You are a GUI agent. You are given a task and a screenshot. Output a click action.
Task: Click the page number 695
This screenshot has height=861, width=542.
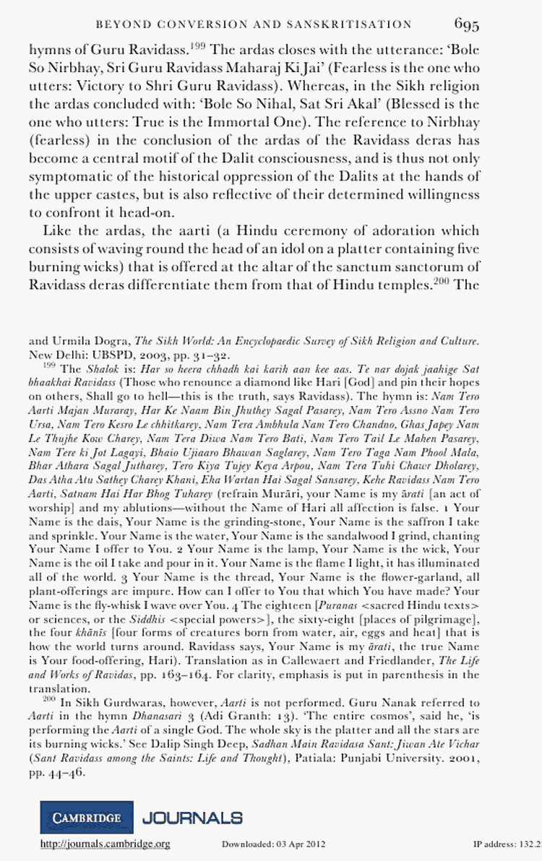(467, 25)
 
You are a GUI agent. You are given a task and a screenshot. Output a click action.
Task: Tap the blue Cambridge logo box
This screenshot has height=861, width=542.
(86, 818)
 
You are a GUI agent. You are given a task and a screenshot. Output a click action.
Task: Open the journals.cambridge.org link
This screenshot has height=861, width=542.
(105, 844)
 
